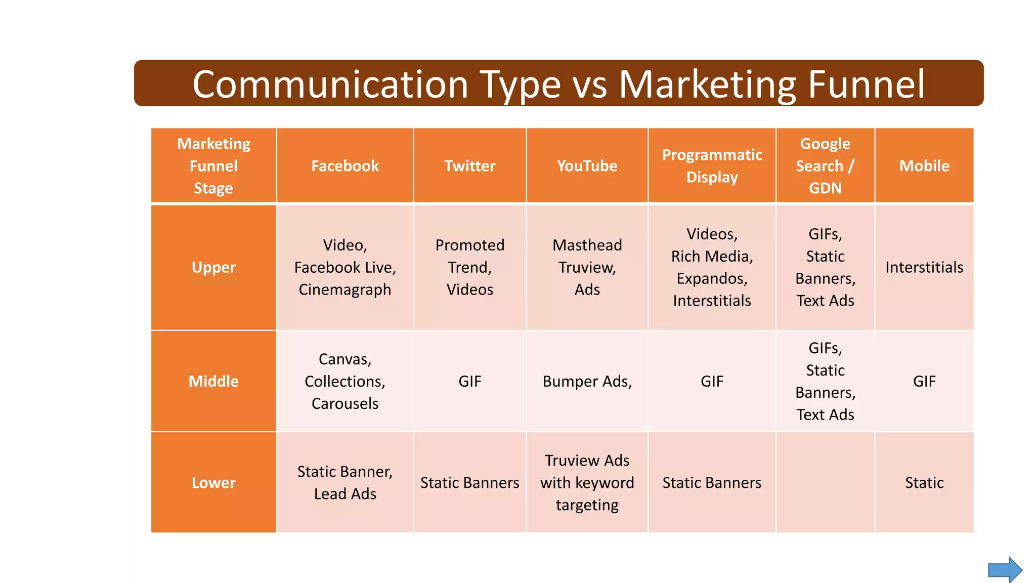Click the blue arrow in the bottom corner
[1005, 570]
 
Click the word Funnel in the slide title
[866, 84]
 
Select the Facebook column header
[345, 166]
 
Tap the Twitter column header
[469, 166]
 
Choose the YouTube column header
[587, 166]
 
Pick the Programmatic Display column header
[712, 166]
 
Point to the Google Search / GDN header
[825, 166]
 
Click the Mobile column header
[924, 166]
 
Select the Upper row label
[213, 267]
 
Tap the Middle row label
[213, 381]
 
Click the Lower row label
[213, 482]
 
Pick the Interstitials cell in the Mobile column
[924, 267]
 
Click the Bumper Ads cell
[587, 381]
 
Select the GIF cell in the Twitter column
[469, 381]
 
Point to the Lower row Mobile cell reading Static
[924, 482]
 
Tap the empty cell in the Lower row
[825, 482]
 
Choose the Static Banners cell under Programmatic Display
[712, 482]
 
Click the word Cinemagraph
[345, 289]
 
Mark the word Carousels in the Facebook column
[345, 403]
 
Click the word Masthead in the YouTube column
[587, 245]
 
